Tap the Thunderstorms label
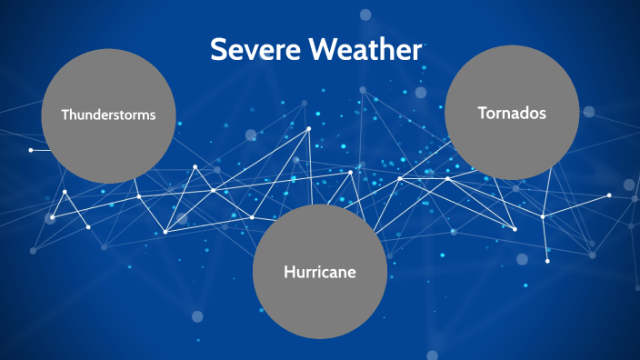(108, 115)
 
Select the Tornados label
(511, 113)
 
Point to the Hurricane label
(319, 272)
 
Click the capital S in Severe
(218, 50)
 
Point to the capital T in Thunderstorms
(65, 115)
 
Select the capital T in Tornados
(482, 113)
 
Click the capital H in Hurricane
(289, 272)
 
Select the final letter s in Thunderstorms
(152, 116)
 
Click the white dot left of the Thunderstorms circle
(31, 149)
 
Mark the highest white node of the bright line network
(309, 128)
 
